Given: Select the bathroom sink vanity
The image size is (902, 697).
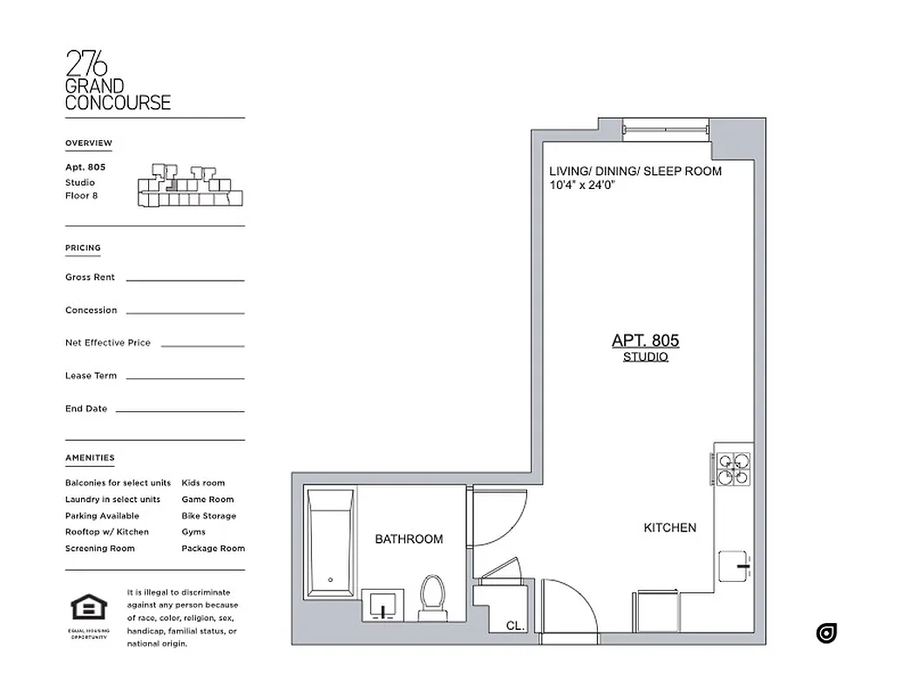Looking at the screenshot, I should click(x=383, y=604).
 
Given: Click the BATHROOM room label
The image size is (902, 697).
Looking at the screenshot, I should click(x=409, y=539).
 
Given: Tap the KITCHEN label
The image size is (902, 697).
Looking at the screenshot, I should click(x=669, y=528).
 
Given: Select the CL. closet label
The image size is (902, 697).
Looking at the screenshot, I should click(x=514, y=626).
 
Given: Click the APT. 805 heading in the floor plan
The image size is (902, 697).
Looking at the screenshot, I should click(x=645, y=341).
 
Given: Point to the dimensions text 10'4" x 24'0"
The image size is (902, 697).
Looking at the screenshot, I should click(x=590, y=186).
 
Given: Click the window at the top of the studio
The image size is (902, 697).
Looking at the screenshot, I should click(x=665, y=128).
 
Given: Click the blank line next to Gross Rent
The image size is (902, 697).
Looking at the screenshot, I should click(x=185, y=280).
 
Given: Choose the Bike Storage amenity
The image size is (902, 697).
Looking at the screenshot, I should click(x=208, y=516).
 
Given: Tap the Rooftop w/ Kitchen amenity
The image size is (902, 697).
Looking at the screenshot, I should click(x=106, y=532).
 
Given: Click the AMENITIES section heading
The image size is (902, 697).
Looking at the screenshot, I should click(x=90, y=458).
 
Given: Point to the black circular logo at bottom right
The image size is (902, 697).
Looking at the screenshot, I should click(x=826, y=633).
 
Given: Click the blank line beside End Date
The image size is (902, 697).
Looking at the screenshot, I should click(x=180, y=410).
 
